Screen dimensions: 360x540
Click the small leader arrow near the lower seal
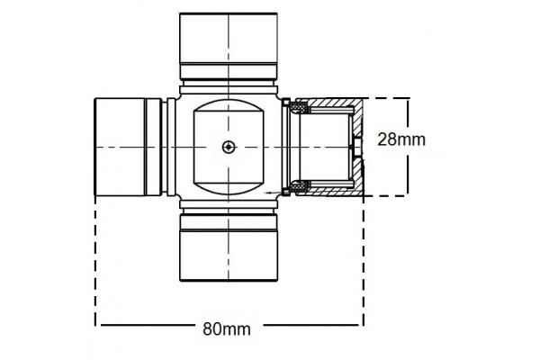coord(272,193)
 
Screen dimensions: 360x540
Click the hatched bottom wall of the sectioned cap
coord(328,192)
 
